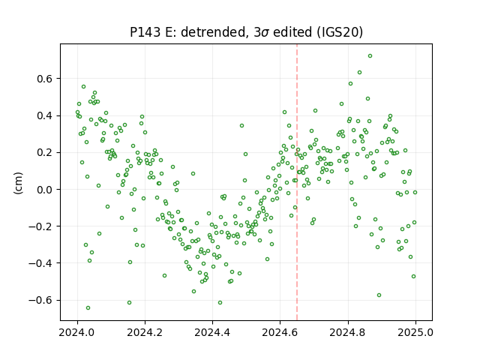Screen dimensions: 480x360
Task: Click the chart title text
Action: pos(247,32)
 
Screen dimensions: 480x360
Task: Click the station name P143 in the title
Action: pos(145,32)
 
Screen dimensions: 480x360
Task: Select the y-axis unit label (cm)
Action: pos(18,183)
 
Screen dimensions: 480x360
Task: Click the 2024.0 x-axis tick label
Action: pos(77,332)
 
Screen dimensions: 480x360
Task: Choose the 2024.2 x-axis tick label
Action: pos(145,332)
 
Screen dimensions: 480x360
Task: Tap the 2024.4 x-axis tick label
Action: pos(212,332)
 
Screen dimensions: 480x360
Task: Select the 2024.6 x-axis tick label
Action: pos(280,332)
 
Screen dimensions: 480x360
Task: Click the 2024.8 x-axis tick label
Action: pos(348,332)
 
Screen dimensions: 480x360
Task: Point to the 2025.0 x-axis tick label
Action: pos(415,332)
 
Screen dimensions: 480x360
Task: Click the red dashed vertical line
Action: pos(297,182)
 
